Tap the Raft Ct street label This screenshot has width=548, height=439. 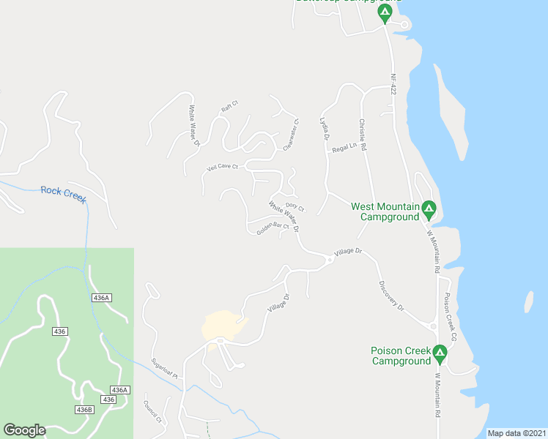click(x=230, y=108)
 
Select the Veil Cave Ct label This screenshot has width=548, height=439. click(x=223, y=167)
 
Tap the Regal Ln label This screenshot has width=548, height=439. click(x=344, y=148)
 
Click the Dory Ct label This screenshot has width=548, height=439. click(x=295, y=207)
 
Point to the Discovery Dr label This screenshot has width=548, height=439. click(x=391, y=296)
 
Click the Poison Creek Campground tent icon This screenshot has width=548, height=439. click(x=440, y=354)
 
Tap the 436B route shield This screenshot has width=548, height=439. click(x=84, y=410)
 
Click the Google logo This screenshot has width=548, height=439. click(x=24, y=430)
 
